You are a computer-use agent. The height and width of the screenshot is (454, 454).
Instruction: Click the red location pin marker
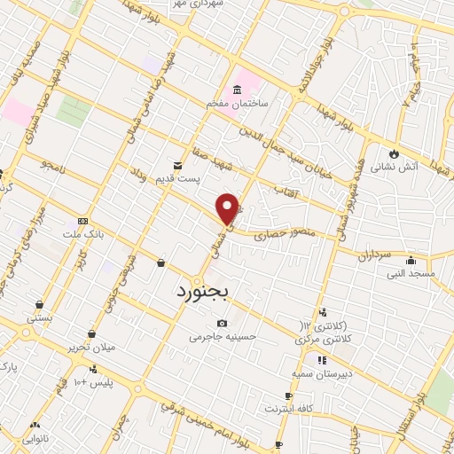pos(229,208)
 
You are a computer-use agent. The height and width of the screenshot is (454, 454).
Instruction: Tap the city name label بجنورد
pos(202,290)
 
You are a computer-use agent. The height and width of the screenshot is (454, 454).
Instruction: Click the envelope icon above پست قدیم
pos(177,165)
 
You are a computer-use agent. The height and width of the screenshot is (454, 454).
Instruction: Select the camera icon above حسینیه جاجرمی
pos(222,323)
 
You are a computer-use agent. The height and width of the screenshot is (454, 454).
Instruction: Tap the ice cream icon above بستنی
pos(39,302)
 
